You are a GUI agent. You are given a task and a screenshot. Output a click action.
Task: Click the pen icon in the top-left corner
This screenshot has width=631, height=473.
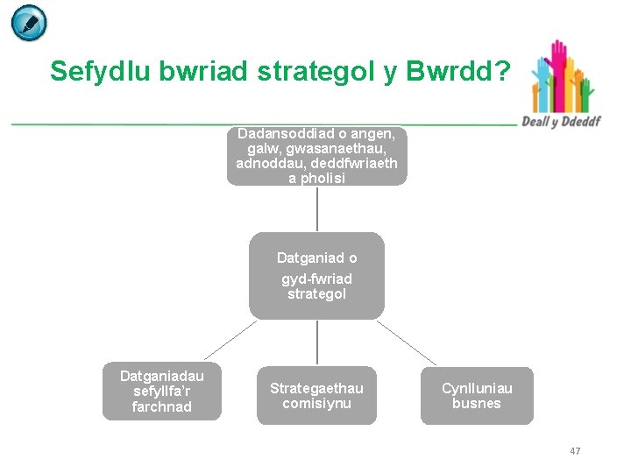tap(29, 23)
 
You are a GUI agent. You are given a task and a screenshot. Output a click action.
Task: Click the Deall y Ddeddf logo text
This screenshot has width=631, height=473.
tap(562, 121)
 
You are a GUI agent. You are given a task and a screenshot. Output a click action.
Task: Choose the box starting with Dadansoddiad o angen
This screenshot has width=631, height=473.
tap(316, 156)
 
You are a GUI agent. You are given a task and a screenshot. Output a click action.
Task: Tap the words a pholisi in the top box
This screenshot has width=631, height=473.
tap(316, 178)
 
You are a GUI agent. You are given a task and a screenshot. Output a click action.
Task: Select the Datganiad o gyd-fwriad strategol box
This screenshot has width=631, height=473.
tap(316, 275)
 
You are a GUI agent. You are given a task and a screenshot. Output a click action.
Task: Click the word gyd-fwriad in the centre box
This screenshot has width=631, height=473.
tap(316, 279)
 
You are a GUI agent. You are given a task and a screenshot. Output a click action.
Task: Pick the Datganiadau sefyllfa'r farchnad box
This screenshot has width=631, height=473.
tap(162, 391)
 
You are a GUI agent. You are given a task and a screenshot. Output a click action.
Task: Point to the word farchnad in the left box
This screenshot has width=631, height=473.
tap(162, 406)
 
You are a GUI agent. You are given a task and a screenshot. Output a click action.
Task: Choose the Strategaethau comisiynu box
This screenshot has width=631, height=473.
tap(316, 395)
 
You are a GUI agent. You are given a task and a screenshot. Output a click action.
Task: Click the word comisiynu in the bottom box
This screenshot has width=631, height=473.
tap(316, 403)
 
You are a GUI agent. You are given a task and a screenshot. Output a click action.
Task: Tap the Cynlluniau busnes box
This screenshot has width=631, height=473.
tap(477, 395)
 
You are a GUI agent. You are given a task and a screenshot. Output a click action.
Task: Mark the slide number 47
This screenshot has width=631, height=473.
tap(575, 451)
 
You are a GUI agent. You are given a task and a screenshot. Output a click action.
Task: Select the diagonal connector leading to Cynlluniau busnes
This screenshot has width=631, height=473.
tap(407, 342)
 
